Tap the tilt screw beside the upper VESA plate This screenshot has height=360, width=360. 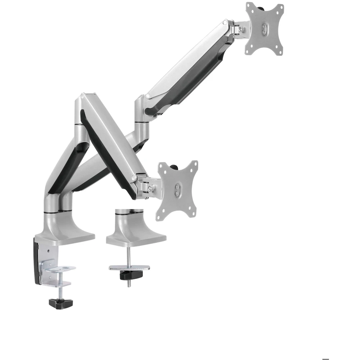pyautogui.click(x=247, y=26)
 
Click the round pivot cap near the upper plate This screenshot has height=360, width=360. pyautogui.click(x=225, y=23)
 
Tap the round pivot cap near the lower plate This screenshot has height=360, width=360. pyautogui.click(x=134, y=178)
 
